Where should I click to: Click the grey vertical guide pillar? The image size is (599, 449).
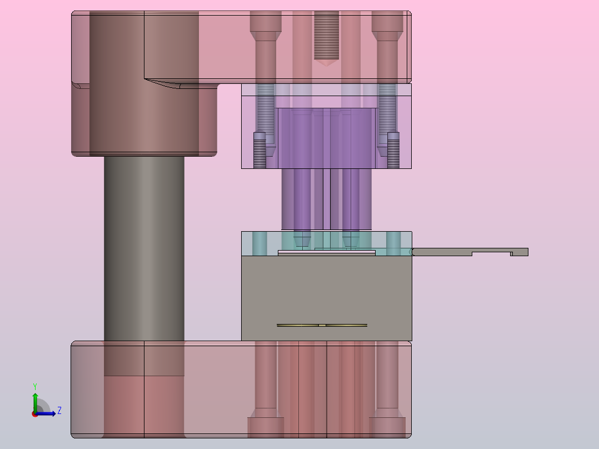coord(144,248)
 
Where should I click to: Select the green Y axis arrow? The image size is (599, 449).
coord(35,402)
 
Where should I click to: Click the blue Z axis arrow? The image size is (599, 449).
coord(46,413)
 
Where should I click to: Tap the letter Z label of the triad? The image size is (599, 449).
coord(59,411)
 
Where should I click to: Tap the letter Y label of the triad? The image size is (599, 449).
coord(35,386)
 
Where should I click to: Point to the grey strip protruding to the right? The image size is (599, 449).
coord(470,252)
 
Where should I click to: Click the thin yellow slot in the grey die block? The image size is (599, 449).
coord(322,325)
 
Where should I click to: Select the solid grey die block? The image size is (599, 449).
coord(327,298)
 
